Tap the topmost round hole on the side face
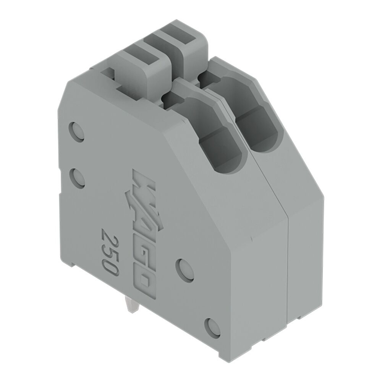(78, 131)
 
